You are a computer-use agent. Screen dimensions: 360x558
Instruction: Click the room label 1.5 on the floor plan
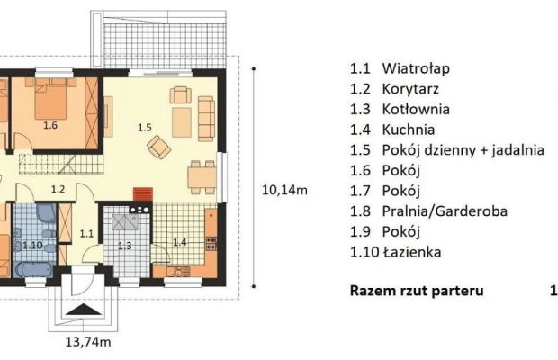pyautogui.click(x=144, y=128)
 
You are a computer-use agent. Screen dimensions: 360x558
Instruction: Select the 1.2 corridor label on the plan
pyautogui.click(x=58, y=189)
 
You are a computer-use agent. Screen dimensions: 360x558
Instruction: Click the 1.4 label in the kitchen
pyautogui.click(x=179, y=241)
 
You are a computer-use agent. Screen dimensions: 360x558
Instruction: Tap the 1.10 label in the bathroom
pyautogui.click(x=32, y=245)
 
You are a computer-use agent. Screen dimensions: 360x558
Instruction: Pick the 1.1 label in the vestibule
pyautogui.click(x=87, y=233)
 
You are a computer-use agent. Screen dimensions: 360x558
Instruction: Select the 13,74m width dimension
pyautogui.click(x=86, y=341)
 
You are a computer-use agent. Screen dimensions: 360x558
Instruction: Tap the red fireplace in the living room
pyautogui.click(x=143, y=193)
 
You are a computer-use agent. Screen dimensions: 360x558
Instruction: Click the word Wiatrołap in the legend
pyautogui.click(x=415, y=67)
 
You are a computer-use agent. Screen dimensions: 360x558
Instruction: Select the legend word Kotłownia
pyautogui.click(x=416, y=109)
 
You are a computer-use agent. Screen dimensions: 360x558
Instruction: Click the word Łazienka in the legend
pyautogui.click(x=411, y=253)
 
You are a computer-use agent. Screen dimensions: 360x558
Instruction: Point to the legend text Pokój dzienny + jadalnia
pyautogui.click(x=463, y=150)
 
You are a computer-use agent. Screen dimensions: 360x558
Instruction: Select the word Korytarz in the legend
pyautogui.click(x=410, y=88)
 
